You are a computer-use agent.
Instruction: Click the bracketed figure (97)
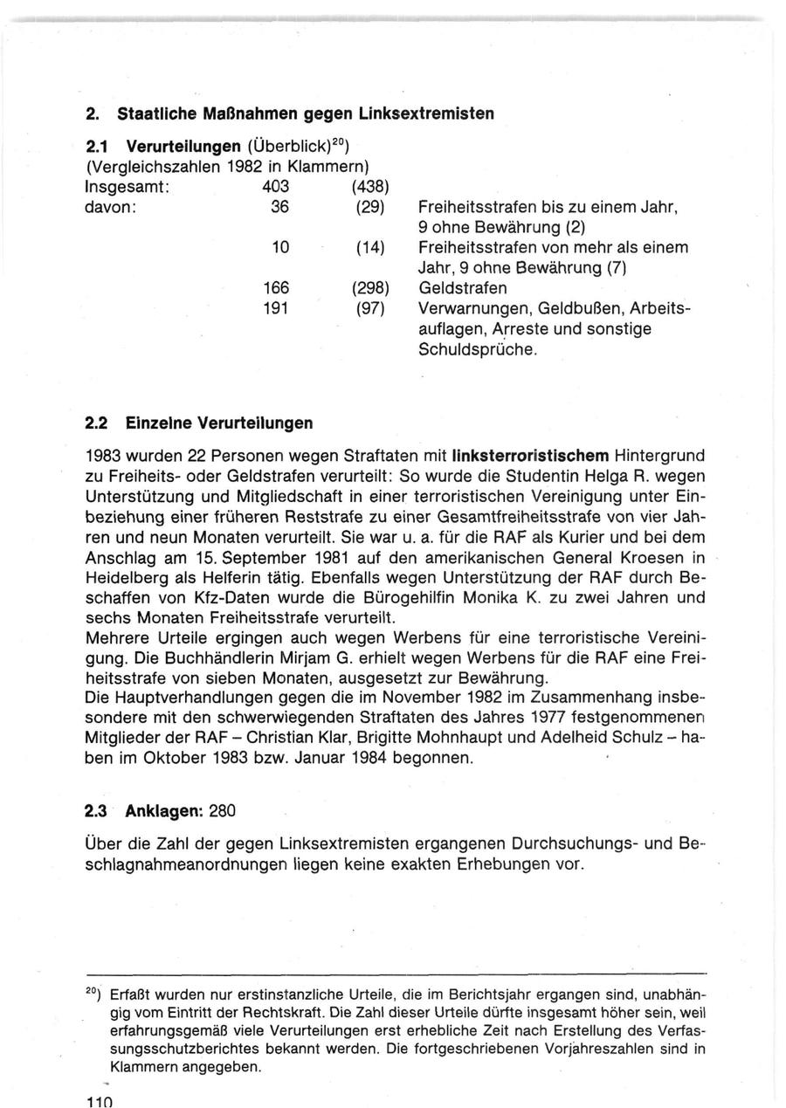pyautogui.click(x=371, y=308)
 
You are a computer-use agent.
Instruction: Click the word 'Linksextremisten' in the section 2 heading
pyautogui.click(x=431, y=114)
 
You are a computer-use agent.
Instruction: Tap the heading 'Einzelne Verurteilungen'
pyautogui.click(x=214, y=423)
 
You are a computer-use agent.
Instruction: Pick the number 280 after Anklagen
pyautogui.click(x=223, y=810)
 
